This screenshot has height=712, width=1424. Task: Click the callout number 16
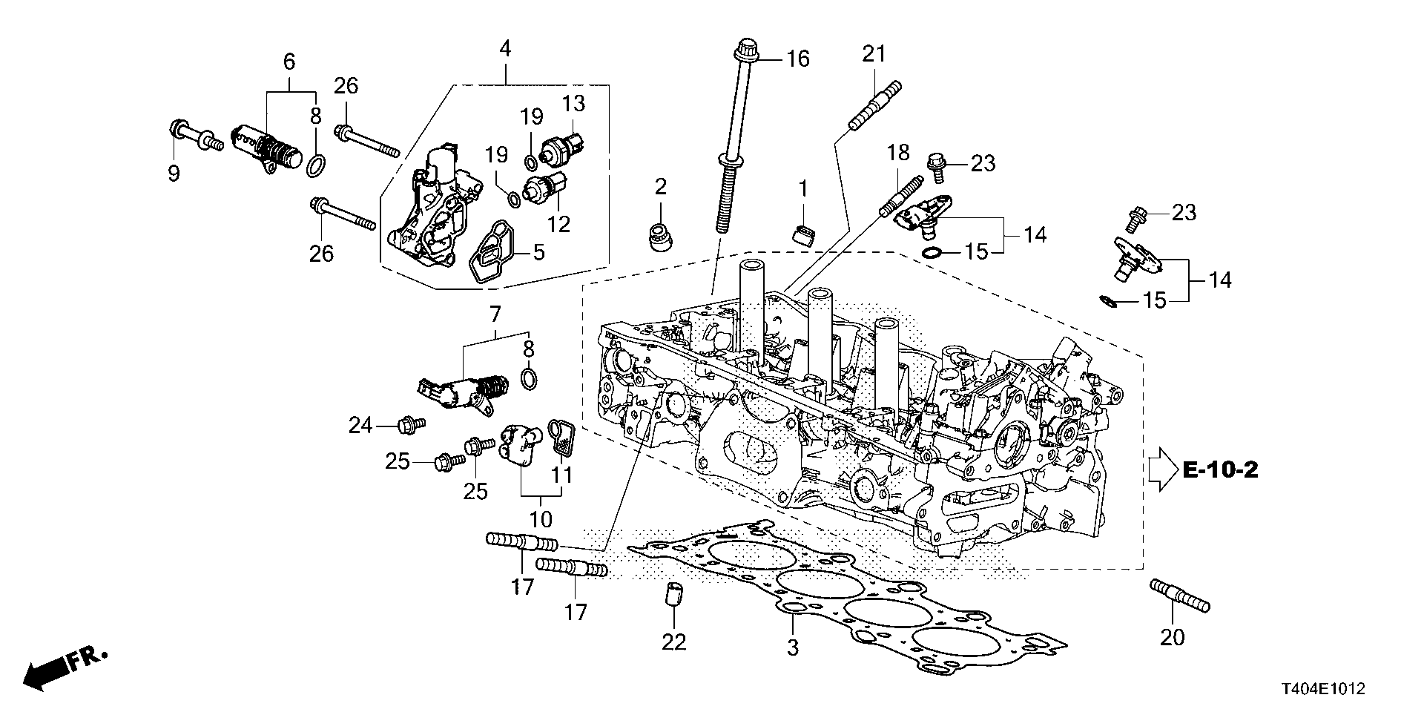pos(798,59)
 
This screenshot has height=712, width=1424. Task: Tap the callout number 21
pos(874,54)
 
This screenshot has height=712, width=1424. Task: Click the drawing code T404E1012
pos(1317,689)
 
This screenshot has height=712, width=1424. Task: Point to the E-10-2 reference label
pos(1219,469)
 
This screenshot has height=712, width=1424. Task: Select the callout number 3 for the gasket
pos(793,647)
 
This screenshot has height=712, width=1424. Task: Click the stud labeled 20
pos(1179,596)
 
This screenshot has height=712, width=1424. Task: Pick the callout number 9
pos(174,174)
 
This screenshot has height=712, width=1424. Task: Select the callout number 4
pos(505,50)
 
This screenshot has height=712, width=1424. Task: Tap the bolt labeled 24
pos(408,425)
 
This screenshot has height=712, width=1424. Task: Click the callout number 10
pos(541,518)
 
